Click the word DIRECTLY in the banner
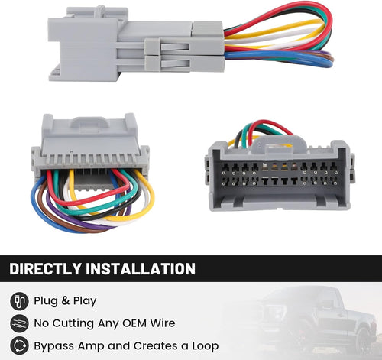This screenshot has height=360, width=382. point(45,268)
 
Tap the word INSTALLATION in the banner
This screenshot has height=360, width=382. point(141,268)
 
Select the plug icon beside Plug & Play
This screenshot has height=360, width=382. point(19,301)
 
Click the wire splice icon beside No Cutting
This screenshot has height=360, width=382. point(19,323)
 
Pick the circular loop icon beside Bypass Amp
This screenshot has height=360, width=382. point(19,345)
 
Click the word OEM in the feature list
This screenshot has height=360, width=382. point(134,323)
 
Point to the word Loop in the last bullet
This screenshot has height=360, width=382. point(206,346)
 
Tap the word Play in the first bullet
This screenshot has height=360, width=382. point(85,301)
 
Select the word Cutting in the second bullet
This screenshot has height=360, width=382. point(73,323)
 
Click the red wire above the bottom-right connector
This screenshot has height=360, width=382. point(270,124)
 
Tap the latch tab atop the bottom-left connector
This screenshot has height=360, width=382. point(89,122)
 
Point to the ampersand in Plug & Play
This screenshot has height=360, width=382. point(66,301)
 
